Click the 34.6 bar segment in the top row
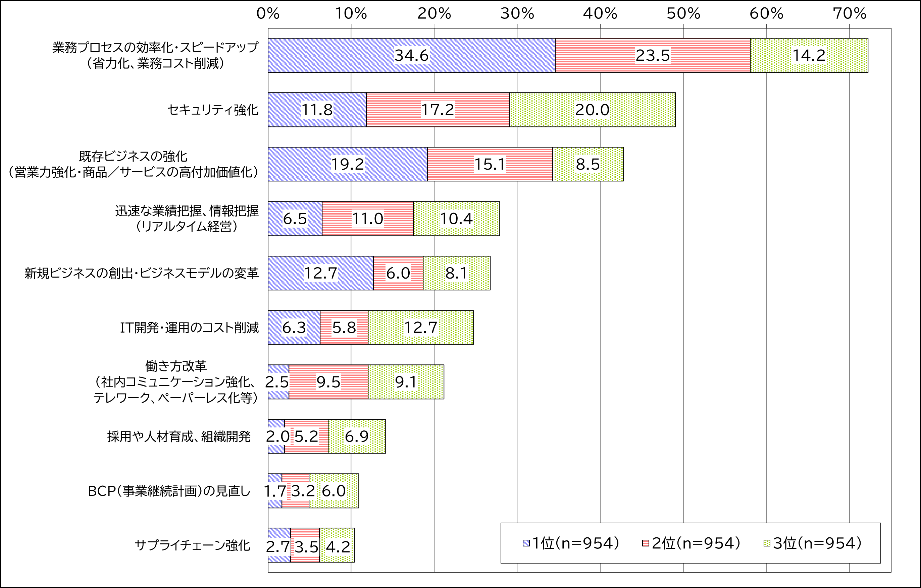click(412, 55)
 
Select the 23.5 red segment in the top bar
click(653, 55)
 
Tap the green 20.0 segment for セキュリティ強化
click(592, 110)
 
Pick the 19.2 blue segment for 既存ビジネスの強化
click(347, 164)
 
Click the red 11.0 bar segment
click(367, 219)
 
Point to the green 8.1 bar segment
click(456, 273)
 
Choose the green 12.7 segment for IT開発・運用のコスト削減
click(420, 328)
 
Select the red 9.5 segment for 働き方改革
click(328, 382)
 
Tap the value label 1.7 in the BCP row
click(275, 491)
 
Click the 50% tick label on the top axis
click(683, 14)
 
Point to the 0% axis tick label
click(268, 14)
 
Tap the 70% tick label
click(850, 14)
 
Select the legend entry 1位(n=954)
click(571, 543)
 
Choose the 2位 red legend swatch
click(646, 543)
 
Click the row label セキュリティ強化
click(213, 110)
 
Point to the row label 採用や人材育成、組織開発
click(178, 437)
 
